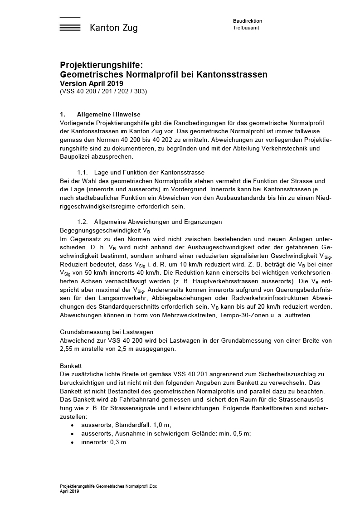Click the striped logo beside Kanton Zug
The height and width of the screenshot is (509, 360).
(x=70, y=24)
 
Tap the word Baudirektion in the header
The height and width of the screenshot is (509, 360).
(x=248, y=21)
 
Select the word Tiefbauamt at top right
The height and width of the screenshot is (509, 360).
(x=246, y=28)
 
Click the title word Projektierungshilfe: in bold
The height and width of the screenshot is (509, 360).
(x=102, y=65)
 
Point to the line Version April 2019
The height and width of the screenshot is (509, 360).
(x=91, y=83)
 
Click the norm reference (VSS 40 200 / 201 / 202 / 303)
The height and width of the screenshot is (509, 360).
(x=103, y=91)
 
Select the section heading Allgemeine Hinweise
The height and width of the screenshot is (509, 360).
(x=109, y=114)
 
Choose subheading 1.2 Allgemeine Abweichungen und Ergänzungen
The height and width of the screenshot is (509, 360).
(x=149, y=222)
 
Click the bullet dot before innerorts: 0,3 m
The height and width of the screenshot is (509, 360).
(x=73, y=442)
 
